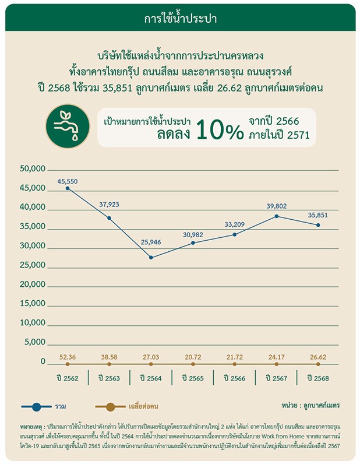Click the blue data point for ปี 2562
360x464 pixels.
(68, 188)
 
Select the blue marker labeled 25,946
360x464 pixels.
(151, 258)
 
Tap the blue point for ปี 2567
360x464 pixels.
(277, 216)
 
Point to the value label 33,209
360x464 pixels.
(235, 224)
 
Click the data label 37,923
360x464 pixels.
(109, 205)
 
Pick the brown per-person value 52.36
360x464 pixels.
(68, 357)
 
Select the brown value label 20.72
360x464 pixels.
(193, 357)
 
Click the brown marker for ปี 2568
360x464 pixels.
(318, 364)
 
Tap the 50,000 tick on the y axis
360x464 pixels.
(33, 168)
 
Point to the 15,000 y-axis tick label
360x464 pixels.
(33, 303)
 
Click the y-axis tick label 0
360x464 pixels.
(43, 361)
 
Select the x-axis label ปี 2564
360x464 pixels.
(151, 378)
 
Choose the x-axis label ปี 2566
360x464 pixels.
(235, 378)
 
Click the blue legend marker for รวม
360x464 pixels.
(37, 407)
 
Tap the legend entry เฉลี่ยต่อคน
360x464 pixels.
(143, 406)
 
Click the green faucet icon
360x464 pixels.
(68, 126)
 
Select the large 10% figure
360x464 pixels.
(220, 129)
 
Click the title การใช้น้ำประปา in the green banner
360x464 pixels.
(181, 18)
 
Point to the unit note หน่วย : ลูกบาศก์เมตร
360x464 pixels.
(310, 405)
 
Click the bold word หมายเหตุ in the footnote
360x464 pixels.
(31, 427)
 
